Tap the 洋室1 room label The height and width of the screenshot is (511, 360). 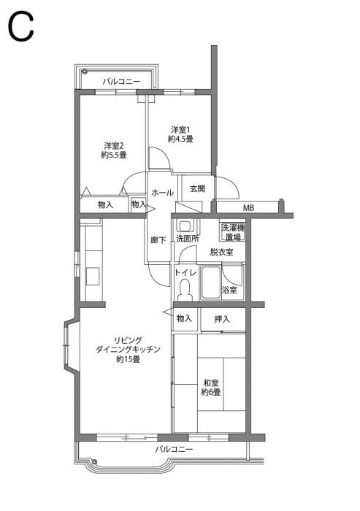coord(180,130)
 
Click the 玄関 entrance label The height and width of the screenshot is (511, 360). coord(197,189)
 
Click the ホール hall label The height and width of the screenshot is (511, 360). coord(161,193)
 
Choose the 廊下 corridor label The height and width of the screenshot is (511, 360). coord(158,239)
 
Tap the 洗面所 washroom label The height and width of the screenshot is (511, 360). coord(187,239)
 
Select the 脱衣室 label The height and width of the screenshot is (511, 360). coord(222,252)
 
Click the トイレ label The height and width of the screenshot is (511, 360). coord(184,273)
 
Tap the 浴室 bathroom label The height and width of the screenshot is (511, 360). coord(229,291)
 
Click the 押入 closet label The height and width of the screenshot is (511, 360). coord(222,319)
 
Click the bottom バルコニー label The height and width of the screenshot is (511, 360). coord(175,450)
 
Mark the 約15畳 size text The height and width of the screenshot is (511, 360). coord(128,360)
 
